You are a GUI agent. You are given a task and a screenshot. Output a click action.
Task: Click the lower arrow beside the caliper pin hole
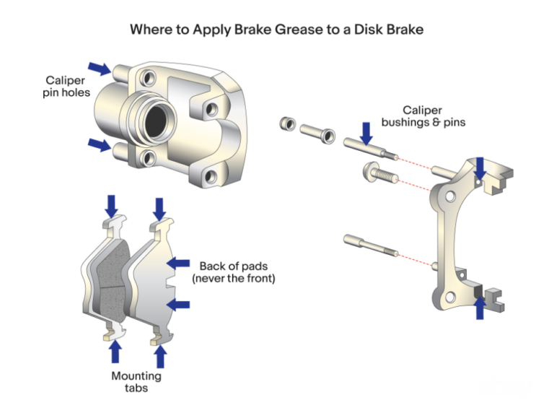coord(100,144)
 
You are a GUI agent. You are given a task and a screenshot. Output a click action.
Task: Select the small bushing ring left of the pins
coord(286,123)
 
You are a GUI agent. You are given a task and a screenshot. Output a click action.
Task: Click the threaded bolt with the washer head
coord(374,174)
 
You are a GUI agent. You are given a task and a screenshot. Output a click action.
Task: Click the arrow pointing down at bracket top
coord(481,168)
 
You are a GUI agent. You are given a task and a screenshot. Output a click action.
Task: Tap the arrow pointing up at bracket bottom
coord(479,308)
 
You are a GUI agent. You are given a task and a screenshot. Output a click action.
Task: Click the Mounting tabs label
coord(136,382)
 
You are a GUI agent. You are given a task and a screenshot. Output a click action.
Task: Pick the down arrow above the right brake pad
coord(159,206)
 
